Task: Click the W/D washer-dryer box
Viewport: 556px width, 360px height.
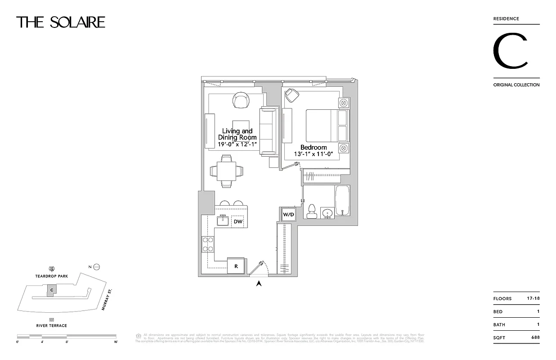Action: pos(288,215)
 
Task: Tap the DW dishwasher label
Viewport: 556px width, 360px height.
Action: pos(238,221)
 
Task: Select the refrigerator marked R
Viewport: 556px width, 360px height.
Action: pos(236,265)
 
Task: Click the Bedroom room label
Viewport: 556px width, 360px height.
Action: pos(314,147)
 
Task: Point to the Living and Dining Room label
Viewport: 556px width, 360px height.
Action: pos(238,134)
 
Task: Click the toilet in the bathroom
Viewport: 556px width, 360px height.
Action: pos(311,211)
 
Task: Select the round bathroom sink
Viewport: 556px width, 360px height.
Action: pos(328,212)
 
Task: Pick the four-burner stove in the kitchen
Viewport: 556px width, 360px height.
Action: pos(208,244)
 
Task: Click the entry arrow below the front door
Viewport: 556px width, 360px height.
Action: pos(259,283)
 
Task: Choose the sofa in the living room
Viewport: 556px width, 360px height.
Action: pos(267,131)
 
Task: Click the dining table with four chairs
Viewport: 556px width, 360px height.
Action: pos(227,171)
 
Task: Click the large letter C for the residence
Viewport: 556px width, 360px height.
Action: pos(510,51)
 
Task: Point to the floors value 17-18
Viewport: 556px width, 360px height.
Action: pos(533,298)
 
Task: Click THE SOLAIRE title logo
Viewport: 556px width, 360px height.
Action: pos(61,22)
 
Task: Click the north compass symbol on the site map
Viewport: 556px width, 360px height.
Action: pos(96,267)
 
